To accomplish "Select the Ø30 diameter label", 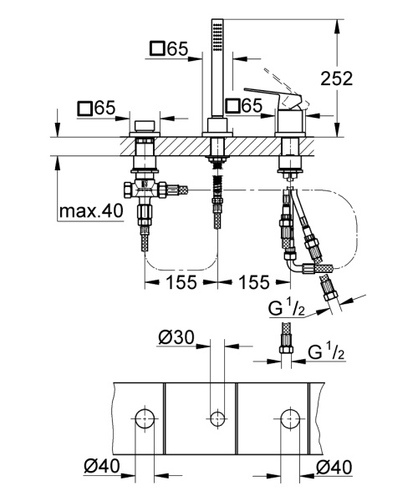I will [x=176, y=338].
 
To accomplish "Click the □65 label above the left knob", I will [x=95, y=109].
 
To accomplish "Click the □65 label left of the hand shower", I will [x=168, y=48].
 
